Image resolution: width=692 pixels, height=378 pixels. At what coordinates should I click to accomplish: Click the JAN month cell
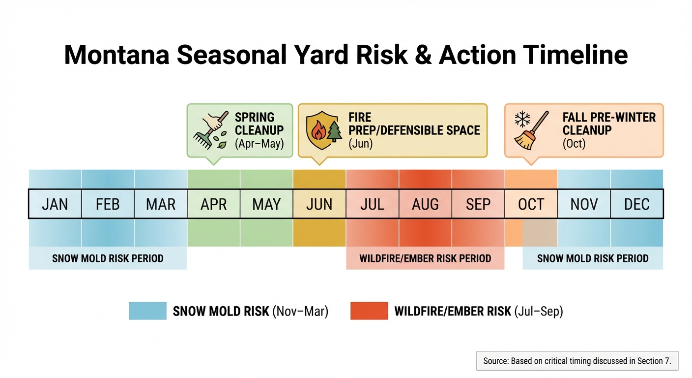click(55, 204)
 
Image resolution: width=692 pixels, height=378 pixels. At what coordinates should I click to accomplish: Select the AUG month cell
click(425, 204)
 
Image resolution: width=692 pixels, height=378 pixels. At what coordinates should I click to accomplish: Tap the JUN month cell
click(319, 204)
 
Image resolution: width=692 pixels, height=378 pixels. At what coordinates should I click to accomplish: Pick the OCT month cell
click(531, 204)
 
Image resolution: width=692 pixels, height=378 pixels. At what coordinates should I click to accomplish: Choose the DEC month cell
click(637, 204)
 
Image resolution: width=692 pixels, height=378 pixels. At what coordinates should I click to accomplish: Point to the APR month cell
click(214, 204)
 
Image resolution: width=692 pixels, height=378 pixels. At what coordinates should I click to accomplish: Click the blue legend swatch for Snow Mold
click(147, 311)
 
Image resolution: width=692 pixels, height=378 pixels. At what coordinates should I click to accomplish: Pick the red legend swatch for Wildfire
click(369, 311)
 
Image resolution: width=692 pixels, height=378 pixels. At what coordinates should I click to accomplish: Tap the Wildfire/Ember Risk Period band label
click(425, 258)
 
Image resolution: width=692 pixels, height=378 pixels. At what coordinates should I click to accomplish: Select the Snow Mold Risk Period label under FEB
click(108, 258)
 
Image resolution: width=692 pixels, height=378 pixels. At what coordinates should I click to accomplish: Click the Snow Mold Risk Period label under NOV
click(593, 258)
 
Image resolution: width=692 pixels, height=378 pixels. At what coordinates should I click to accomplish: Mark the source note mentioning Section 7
click(577, 361)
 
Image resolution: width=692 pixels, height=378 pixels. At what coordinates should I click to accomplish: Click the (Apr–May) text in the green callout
click(259, 145)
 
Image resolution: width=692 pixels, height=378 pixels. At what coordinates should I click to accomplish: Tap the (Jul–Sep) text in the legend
click(538, 311)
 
